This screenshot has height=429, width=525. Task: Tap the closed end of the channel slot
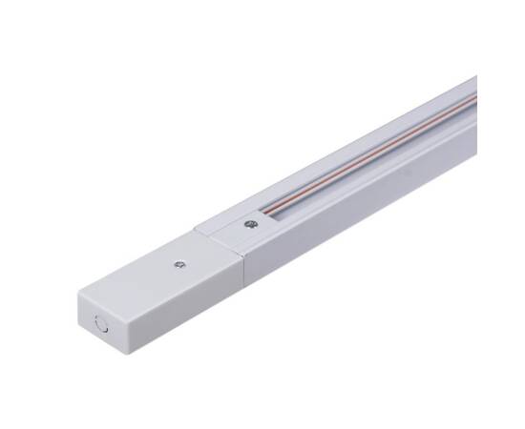point(266,216)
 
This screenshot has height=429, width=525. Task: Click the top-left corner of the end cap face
point(77,295)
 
